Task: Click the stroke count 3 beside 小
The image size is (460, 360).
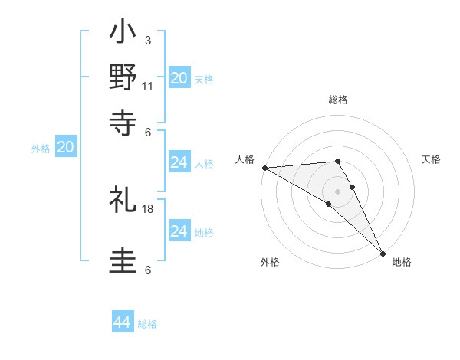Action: click(147, 40)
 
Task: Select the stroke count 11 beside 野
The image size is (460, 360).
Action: click(148, 86)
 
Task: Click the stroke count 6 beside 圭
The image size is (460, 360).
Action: click(147, 270)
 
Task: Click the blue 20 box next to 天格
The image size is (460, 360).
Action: click(179, 78)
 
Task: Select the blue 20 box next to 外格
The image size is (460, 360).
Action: click(66, 148)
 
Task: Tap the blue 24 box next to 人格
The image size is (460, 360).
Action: click(179, 163)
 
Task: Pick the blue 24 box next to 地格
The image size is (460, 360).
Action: click(179, 231)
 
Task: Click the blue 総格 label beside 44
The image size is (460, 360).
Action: click(147, 324)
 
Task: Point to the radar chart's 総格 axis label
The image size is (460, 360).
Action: click(338, 100)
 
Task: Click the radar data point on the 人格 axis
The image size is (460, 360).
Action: click(264, 168)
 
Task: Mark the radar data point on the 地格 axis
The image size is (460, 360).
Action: click(382, 253)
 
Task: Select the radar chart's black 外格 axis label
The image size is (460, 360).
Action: click(270, 263)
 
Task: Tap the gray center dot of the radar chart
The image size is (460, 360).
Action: click(338, 191)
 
